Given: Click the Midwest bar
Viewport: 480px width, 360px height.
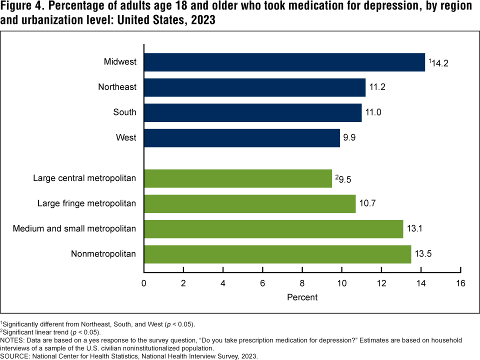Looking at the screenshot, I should pyautogui.click(x=284, y=62).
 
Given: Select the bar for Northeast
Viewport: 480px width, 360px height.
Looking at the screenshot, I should pyautogui.click(x=254, y=87).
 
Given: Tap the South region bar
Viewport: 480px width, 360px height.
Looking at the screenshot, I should pyautogui.click(x=252, y=112).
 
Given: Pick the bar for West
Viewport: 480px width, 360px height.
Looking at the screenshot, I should pyautogui.click(x=241, y=137).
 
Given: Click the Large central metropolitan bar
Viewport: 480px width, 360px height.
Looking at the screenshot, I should pyautogui.click(x=237, y=178).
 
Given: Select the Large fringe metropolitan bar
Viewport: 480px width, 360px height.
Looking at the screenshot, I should pyautogui.click(x=249, y=203).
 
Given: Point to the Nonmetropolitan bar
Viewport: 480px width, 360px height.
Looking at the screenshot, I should pyautogui.click(x=277, y=254).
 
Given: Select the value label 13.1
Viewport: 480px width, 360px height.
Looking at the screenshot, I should pyautogui.click(x=416, y=229).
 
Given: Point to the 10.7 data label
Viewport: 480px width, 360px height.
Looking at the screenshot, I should pyautogui.click(x=369, y=203).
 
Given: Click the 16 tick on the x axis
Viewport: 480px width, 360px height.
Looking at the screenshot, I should pyautogui.click(x=460, y=283).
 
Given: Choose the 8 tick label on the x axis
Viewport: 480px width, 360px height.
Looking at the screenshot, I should pyautogui.click(x=302, y=283).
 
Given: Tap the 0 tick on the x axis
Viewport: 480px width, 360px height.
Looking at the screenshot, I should pyautogui.click(x=144, y=283).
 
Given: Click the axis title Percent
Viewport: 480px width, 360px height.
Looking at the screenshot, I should pyautogui.click(x=302, y=297).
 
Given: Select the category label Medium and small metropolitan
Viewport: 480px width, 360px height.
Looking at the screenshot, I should pyautogui.click(x=74, y=229).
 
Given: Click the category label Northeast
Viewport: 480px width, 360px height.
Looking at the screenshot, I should pyautogui.click(x=117, y=87).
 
